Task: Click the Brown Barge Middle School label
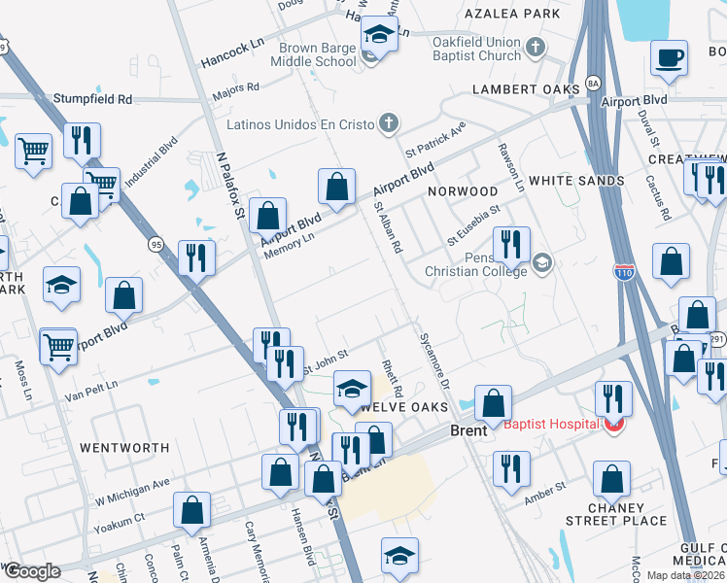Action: tap(318, 54)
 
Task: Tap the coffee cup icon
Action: tap(668, 57)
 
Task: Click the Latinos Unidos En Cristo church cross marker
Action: tap(388, 122)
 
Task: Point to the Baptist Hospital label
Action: tap(549, 423)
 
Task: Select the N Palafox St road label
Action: tap(230, 185)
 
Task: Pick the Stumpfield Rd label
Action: tap(92, 99)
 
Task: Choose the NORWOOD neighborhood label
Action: tap(463, 191)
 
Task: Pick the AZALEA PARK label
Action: tap(512, 14)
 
